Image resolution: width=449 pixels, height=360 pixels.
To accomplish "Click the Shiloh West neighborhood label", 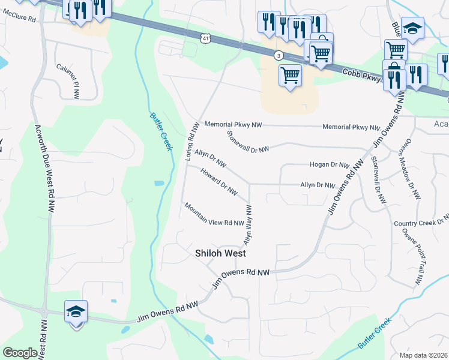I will click(x=220, y=254).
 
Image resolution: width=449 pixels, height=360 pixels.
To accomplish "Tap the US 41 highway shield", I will click(x=205, y=38).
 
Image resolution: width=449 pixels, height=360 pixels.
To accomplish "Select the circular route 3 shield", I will click(x=279, y=55).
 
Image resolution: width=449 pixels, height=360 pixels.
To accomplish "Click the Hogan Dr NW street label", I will click(x=330, y=164).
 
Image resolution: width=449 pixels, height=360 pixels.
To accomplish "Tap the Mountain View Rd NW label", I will click(x=214, y=214).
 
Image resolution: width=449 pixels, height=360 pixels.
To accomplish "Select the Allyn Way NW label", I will click(x=247, y=224).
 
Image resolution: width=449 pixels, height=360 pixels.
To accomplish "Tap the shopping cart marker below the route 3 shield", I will click(x=290, y=76).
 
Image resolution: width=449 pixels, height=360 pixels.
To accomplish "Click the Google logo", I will click(x=20, y=353).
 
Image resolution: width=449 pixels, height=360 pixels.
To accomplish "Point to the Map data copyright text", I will click(x=424, y=355).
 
